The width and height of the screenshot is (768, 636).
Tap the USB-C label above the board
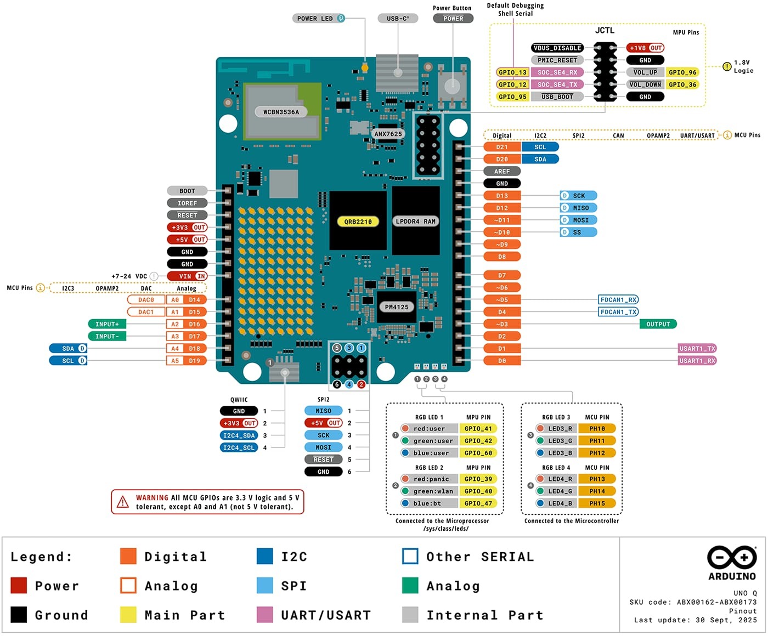click(x=398, y=19)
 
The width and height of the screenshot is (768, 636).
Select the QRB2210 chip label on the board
click(x=358, y=222)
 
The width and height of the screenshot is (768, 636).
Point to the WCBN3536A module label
click(x=281, y=112)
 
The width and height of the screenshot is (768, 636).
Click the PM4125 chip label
click(x=397, y=307)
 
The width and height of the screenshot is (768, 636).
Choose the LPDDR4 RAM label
click(x=415, y=222)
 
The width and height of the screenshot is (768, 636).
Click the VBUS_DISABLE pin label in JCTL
click(x=557, y=48)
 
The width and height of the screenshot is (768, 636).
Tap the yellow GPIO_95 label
click(x=512, y=97)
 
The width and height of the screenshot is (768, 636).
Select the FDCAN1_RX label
click(x=618, y=300)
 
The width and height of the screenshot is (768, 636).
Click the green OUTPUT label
click(x=658, y=324)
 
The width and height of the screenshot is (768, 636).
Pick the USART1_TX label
click(x=697, y=349)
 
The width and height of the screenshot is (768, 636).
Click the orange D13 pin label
click(x=502, y=196)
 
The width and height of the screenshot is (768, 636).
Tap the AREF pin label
click(x=502, y=172)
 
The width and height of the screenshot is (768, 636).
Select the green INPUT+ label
click(x=107, y=324)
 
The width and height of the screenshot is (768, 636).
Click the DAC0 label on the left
click(x=146, y=300)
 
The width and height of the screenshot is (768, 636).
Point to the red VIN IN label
click(x=187, y=276)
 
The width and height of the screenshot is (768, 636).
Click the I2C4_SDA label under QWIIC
click(x=239, y=435)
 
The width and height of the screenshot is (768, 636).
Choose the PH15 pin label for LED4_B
click(x=597, y=503)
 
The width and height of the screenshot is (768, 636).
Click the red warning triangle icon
click(x=123, y=502)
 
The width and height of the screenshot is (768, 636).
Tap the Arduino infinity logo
click(x=732, y=558)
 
